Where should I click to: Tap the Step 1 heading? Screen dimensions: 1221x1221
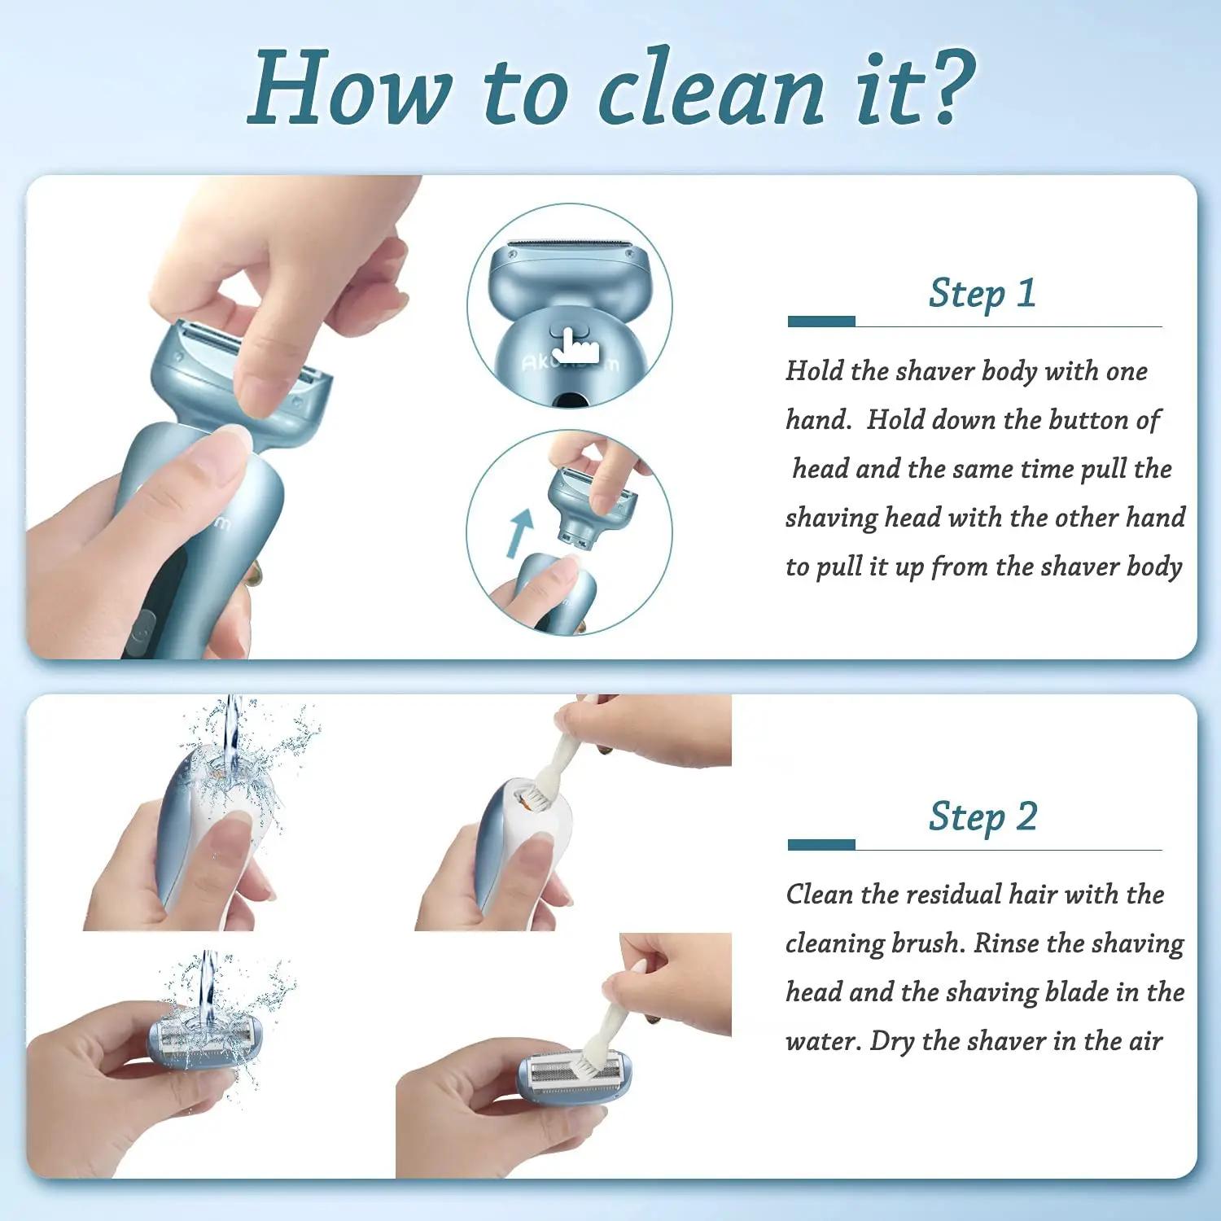982,293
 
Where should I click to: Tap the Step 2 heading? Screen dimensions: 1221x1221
982,816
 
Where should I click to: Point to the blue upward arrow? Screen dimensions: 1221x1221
519,532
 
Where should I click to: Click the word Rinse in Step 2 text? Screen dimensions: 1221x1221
1006,943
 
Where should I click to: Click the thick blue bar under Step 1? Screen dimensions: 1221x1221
821,322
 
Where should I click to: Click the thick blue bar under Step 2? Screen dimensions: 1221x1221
821,845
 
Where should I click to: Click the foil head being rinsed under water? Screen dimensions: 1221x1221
203,1040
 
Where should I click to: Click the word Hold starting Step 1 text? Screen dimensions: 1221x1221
814,371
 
